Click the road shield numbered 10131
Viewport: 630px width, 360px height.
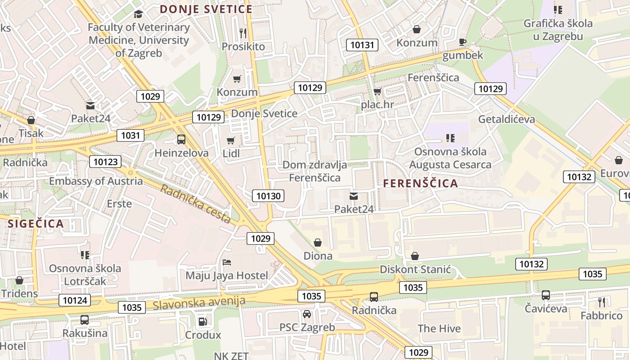(362, 45)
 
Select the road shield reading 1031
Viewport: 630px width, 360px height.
(130, 135)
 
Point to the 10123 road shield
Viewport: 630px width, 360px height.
(106, 162)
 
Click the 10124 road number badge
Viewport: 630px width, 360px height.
(75, 300)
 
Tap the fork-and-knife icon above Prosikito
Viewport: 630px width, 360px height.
(243, 33)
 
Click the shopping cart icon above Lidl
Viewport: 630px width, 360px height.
(231, 140)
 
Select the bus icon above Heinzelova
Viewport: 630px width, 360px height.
(181, 139)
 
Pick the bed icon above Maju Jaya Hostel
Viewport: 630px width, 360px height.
(227, 262)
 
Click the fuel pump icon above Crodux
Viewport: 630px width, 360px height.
(203, 321)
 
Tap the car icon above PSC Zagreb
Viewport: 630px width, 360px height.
(307, 314)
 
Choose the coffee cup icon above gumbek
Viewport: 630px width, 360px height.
(462, 42)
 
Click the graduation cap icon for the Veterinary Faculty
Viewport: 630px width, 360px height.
(138, 14)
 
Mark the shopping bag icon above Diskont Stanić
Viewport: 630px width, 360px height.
(415, 256)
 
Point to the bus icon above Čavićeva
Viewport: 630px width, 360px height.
(545, 295)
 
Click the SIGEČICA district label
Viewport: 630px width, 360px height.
(36, 224)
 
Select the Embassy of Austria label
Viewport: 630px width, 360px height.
(96, 181)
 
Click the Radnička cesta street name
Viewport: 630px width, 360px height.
(196, 204)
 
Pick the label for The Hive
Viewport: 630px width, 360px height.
(439, 328)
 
